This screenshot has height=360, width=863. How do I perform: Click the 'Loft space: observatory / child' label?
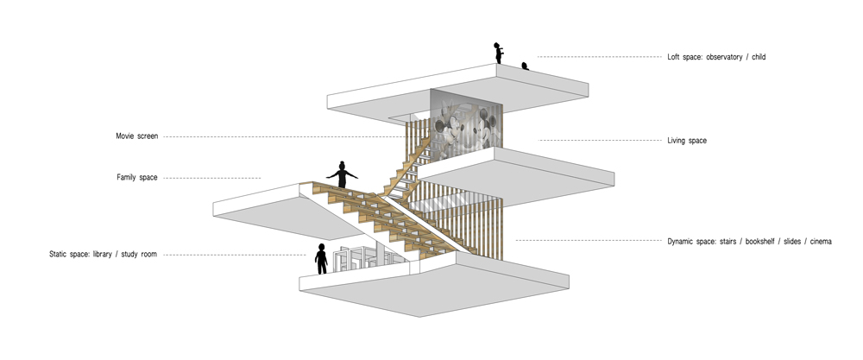[716, 57]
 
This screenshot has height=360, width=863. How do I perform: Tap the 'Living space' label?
[687, 141]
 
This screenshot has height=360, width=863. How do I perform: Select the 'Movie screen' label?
[136, 136]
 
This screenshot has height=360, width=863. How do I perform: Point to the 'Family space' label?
[137, 177]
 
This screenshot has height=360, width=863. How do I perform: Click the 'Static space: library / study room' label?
[103, 255]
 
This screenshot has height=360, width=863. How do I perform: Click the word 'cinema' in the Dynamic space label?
[821, 241]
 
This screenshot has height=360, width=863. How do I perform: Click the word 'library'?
[102, 255]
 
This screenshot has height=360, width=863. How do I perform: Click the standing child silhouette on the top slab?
[498, 53]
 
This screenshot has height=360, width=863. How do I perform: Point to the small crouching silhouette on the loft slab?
[525, 66]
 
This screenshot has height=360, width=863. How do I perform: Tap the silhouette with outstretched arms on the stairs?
[342, 174]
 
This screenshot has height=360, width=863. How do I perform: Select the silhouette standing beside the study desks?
[321, 259]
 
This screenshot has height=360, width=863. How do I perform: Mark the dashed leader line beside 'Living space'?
[600, 141]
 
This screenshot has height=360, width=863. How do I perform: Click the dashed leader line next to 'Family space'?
[212, 178]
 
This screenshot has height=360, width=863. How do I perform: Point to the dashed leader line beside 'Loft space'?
[600, 57]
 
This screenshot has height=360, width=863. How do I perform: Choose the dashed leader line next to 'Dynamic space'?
[589, 241]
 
